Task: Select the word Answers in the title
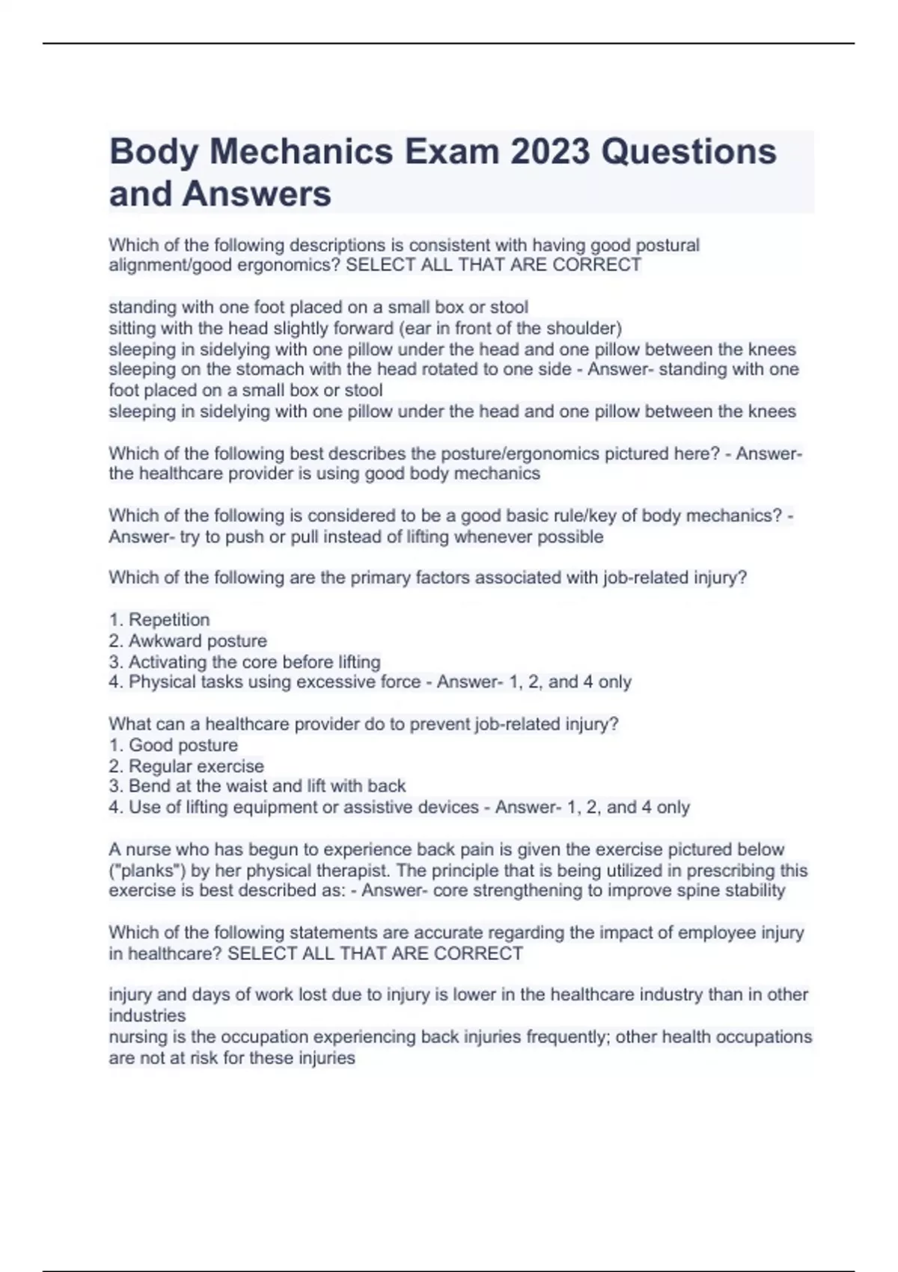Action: pyautogui.click(x=256, y=194)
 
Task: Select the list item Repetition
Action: pyautogui.click(x=169, y=620)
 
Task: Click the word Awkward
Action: pyautogui.click(x=161, y=641)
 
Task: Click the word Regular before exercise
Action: pyautogui.click(x=159, y=766)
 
